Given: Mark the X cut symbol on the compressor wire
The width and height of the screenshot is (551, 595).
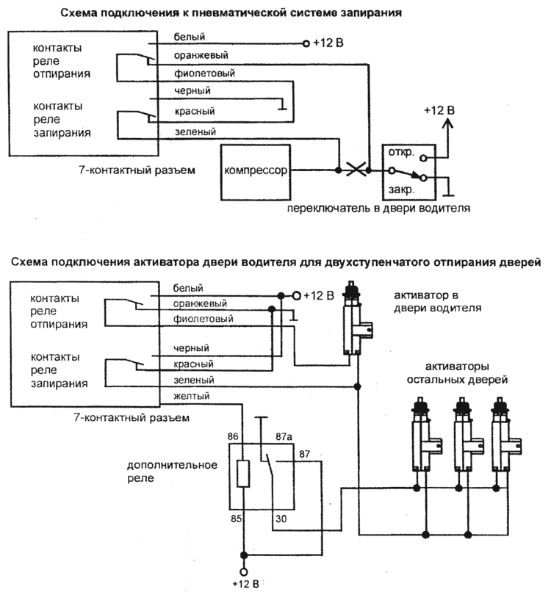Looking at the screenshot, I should [x=357, y=170].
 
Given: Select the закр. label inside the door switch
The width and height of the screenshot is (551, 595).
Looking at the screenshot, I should [x=402, y=189].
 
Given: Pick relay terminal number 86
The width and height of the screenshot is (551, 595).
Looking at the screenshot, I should [x=234, y=436].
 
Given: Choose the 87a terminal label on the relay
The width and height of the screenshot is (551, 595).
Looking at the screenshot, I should [x=284, y=436].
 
